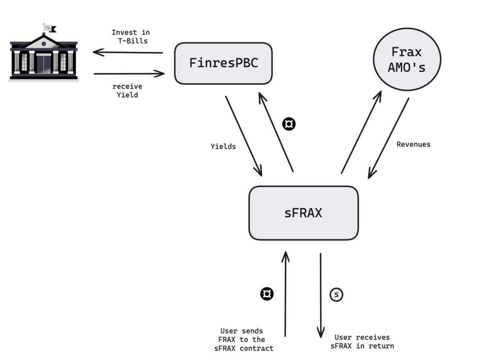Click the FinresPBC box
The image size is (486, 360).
(x=223, y=64)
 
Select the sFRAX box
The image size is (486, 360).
(x=303, y=213)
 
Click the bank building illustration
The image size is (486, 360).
(x=43, y=56)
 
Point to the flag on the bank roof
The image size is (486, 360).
(x=51, y=28)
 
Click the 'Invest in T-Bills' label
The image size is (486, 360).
(x=131, y=36)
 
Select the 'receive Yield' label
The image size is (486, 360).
(x=127, y=91)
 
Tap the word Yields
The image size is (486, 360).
(x=223, y=146)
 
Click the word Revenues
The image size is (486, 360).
(x=413, y=144)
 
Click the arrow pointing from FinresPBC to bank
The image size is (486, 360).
(x=128, y=52)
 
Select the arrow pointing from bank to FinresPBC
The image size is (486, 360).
(x=129, y=74)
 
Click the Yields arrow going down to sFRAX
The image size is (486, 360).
(x=244, y=135)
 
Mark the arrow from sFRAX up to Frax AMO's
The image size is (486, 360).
(x=361, y=132)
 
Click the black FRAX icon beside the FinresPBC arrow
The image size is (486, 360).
(x=289, y=124)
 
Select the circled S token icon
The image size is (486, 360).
(x=337, y=295)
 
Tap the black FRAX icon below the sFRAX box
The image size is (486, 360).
(x=267, y=294)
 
